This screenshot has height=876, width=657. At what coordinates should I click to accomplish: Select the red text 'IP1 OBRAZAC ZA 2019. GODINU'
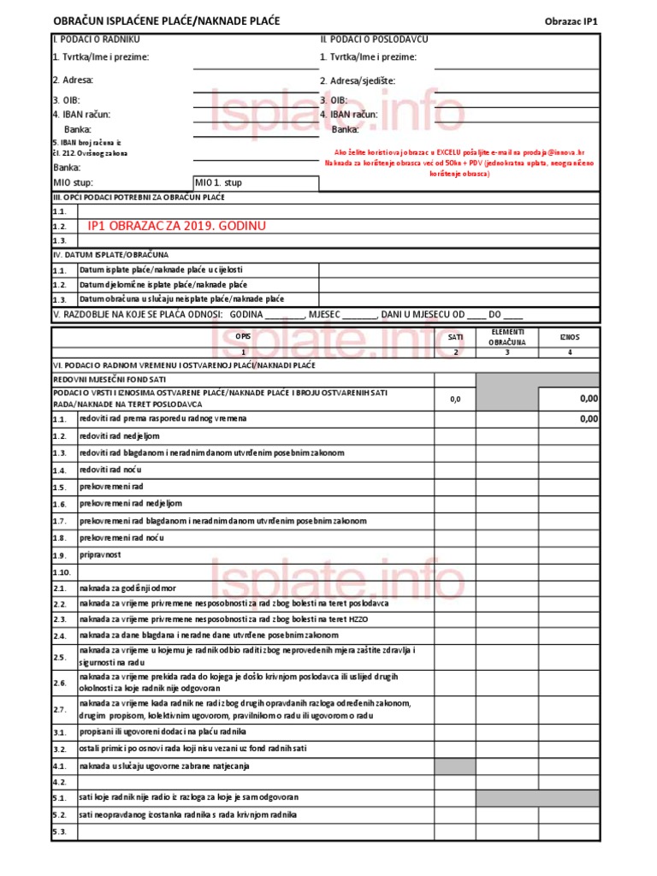(177, 226)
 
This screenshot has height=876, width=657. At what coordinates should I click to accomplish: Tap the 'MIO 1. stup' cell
(219, 182)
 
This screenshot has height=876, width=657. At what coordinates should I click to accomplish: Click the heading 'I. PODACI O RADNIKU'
(96, 39)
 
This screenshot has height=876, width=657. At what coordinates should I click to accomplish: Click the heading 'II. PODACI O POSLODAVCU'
(374, 39)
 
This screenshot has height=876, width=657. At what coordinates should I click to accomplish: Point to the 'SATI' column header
(455, 337)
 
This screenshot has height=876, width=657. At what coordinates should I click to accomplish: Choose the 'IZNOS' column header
(569, 337)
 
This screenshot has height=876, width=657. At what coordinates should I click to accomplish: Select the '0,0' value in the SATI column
(455, 399)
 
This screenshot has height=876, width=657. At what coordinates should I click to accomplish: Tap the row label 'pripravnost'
(100, 554)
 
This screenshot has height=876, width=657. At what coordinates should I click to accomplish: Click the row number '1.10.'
(61, 571)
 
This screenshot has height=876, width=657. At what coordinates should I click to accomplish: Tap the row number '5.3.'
(60, 832)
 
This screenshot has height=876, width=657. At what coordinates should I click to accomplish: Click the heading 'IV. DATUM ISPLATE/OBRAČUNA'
(111, 255)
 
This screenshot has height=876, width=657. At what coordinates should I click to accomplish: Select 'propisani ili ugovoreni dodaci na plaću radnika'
(163, 731)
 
